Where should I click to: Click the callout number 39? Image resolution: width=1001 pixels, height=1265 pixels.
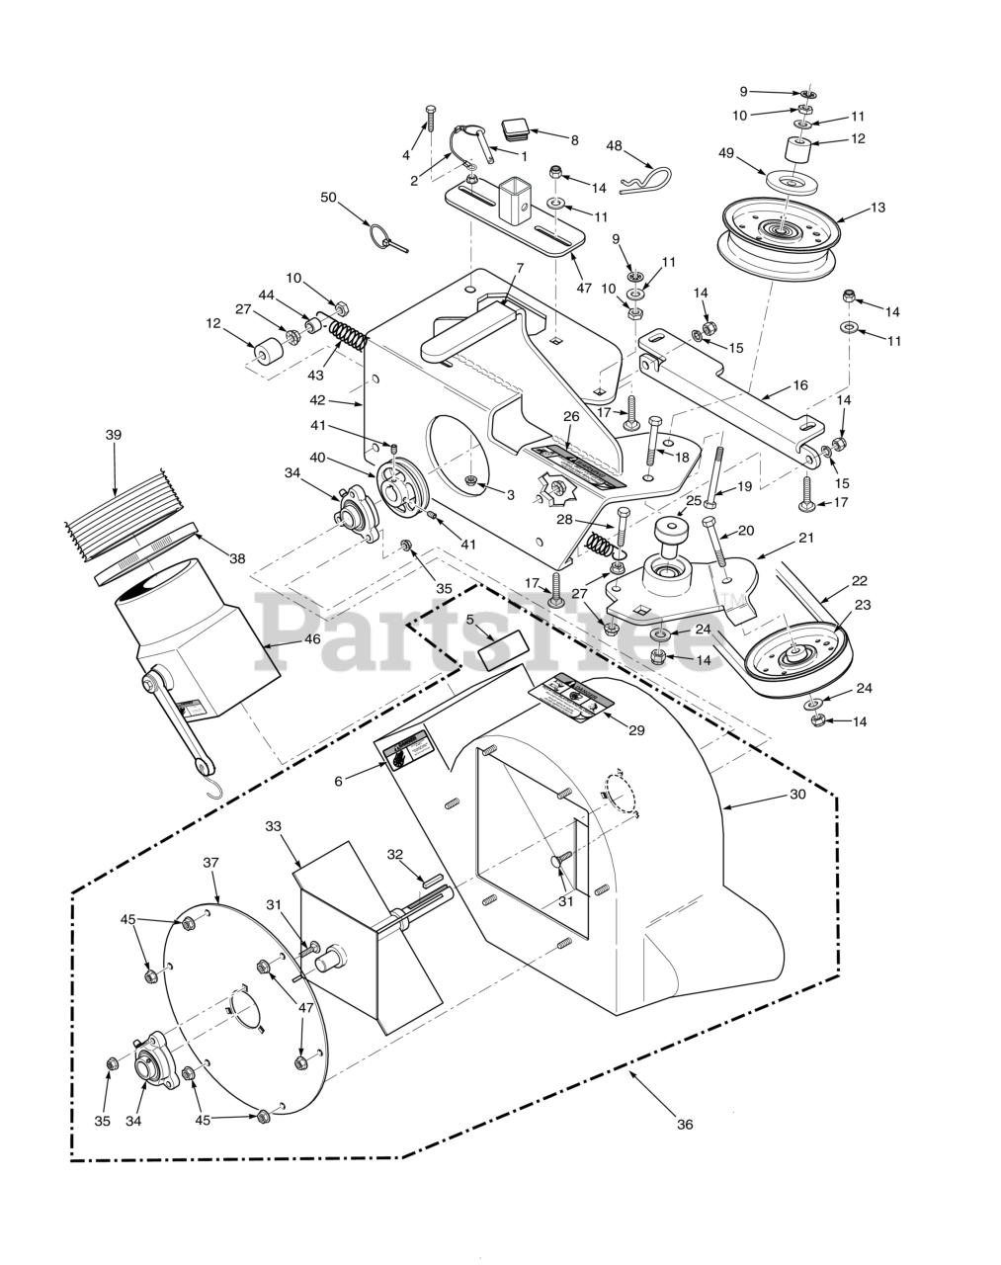pyautogui.click(x=114, y=434)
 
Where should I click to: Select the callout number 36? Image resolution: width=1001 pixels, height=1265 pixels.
pyautogui.click(x=685, y=1124)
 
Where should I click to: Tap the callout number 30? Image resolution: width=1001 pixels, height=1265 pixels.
pyautogui.click(x=796, y=794)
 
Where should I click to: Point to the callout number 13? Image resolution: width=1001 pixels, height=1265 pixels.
pyautogui.click(x=877, y=208)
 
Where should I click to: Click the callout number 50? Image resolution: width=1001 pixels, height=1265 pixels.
pyautogui.click(x=329, y=198)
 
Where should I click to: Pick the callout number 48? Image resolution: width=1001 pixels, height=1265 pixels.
pyautogui.click(x=614, y=146)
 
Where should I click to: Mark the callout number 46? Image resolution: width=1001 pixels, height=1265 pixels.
pyautogui.click(x=312, y=640)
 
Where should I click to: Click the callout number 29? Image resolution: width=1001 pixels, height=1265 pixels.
pyautogui.click(x=636, y=730)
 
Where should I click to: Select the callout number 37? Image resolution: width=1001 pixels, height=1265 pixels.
pyautogui.click(x=210, y=862)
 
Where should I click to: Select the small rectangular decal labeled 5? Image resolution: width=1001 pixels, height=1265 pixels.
pyautogui.click(x=499, y=652)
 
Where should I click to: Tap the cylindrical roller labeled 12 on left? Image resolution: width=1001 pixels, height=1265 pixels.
pyautogui.click(x=267, y=354)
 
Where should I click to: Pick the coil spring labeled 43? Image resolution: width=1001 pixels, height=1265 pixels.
pyautogui.click(x=348, y=335)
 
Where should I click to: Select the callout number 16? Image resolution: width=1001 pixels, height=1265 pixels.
pyautogui.click(x=800, y=385)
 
